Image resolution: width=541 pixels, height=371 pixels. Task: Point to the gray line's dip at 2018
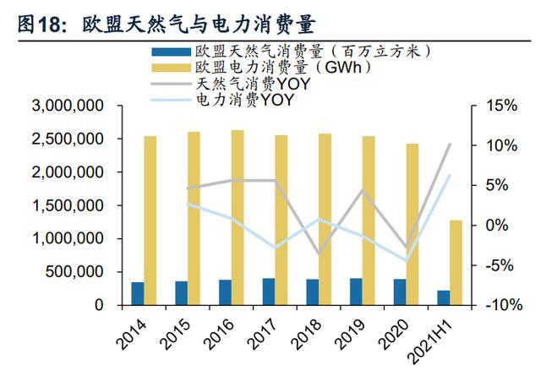319,254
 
